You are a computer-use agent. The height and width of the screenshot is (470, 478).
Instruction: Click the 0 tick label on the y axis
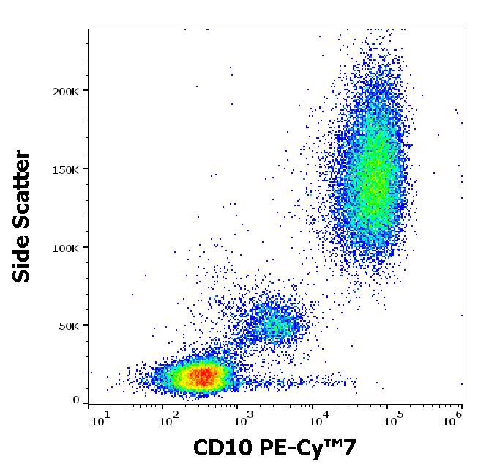pyautogui.click(x=76, y=400)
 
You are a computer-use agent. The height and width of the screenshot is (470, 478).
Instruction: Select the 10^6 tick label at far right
pyautogui.click(x=455, y=418)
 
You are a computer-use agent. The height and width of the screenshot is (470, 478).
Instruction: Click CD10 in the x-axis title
pyautogui.click(x=220, y=447)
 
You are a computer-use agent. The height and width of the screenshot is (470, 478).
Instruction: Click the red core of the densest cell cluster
pyautogui.click(x=203, y=376)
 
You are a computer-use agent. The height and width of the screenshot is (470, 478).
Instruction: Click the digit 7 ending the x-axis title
pyautogui.click(x=351, y=447)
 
